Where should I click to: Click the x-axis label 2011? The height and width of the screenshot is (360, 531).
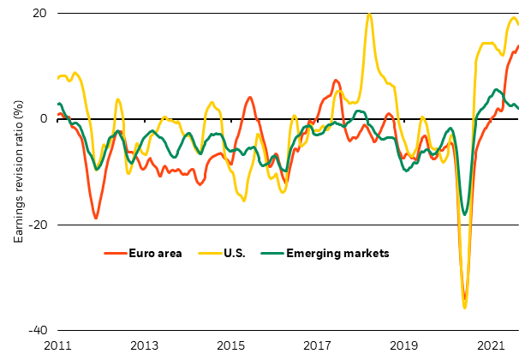coord(57,345)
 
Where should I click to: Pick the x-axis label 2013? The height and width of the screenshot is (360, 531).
coord(144,345)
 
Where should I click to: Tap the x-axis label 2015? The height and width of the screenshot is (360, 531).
coord(230,345)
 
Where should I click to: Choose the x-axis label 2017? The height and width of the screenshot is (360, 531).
coord(318,345)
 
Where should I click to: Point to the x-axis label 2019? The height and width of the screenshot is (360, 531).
coord(404,345)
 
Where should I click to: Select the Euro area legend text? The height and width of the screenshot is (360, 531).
coord(154,254)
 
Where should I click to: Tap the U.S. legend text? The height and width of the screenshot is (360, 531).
coord(237,254)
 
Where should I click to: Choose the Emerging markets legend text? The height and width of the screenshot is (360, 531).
coord(337,254)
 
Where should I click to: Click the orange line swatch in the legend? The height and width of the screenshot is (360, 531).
coord(114,254)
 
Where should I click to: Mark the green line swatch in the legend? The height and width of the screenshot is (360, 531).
coord(271,254)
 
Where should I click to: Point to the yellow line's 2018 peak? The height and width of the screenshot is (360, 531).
coord(369,14)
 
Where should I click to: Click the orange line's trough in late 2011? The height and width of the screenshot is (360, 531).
coord(96,219)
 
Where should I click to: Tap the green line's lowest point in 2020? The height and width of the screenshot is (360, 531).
coord(464,214)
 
